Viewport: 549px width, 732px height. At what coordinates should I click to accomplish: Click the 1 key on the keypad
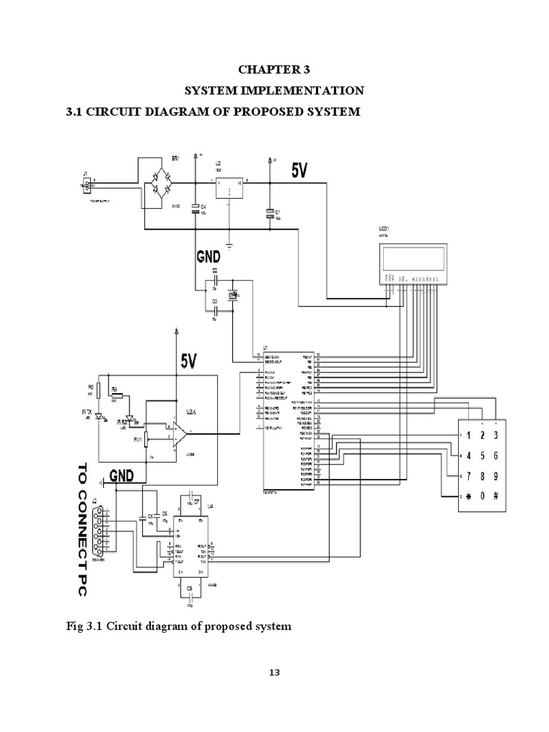[x=468, y=434]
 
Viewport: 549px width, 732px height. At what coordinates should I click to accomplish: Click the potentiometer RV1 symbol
[x=146, y=437]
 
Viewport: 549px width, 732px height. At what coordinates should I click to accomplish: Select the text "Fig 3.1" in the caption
[x=85, y=626]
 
